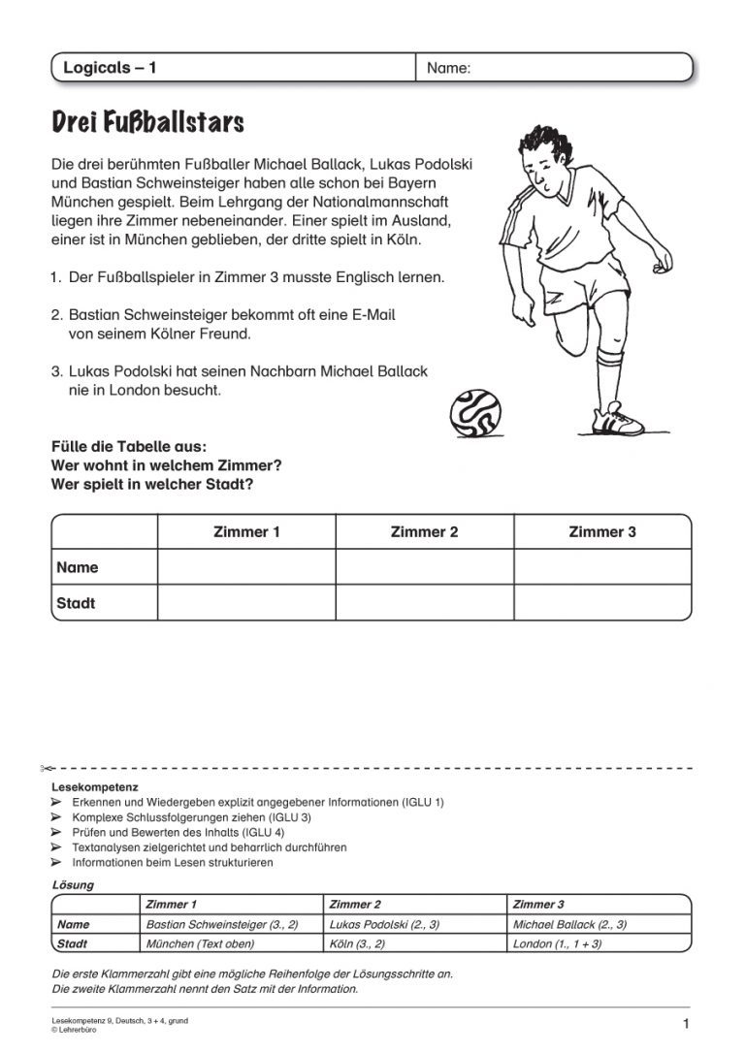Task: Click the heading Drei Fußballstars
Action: (x=147, y=123)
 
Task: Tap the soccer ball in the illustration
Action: (x=475, y=413)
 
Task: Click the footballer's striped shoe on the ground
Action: (x=618, y=420)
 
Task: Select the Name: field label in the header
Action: (x=448, y=68)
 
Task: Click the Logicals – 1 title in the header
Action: (x=110, y=68)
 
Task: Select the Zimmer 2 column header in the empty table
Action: (x=424, y=531)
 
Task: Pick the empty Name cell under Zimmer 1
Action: (x=246, y=567)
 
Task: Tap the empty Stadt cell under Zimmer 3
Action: (x=602, y=603)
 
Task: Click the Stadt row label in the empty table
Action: (x=77, y=603)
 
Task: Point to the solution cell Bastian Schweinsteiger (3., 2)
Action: (x=221, y=924)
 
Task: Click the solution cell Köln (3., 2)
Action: (x=357, y=942)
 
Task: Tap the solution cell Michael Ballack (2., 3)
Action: (x=569, y=924)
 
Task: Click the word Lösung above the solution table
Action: (x=73, y=885)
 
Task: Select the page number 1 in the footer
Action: (x=686, y=1024)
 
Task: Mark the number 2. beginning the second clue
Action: (x=57, y=315)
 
